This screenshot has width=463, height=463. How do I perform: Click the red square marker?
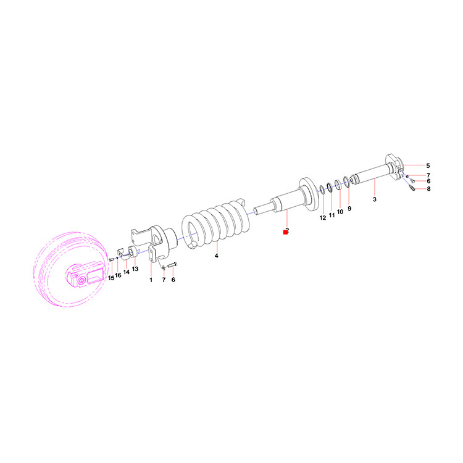tap(285, 232)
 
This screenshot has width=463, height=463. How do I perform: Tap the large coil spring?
tap(215, 225)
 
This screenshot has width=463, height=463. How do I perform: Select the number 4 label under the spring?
tap(217, 256)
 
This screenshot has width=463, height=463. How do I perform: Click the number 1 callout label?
tap(151, 280)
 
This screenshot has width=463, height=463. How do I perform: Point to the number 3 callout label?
tap(375, 199)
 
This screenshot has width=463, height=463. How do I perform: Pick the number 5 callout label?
tap(428, 165)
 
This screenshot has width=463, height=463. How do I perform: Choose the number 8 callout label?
tap(428, 189)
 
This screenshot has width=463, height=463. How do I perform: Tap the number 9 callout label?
tap(349, 209)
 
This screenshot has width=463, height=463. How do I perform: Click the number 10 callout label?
tap(340, 212)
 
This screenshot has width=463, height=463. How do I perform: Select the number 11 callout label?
tap(332, 215)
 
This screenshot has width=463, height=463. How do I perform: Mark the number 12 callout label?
tap(323, 218)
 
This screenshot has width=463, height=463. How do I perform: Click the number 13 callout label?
tap(135, 269)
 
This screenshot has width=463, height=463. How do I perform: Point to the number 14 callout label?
tap(127, 272)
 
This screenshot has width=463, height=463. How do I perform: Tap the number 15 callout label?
tap(111, 278)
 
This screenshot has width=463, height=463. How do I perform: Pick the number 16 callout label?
tap(118, 275)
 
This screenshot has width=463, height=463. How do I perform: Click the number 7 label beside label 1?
tap(164, 280)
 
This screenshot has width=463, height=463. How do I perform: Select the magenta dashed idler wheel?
tap(70, 269)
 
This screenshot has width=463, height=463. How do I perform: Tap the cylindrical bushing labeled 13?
tap(132, 252)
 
